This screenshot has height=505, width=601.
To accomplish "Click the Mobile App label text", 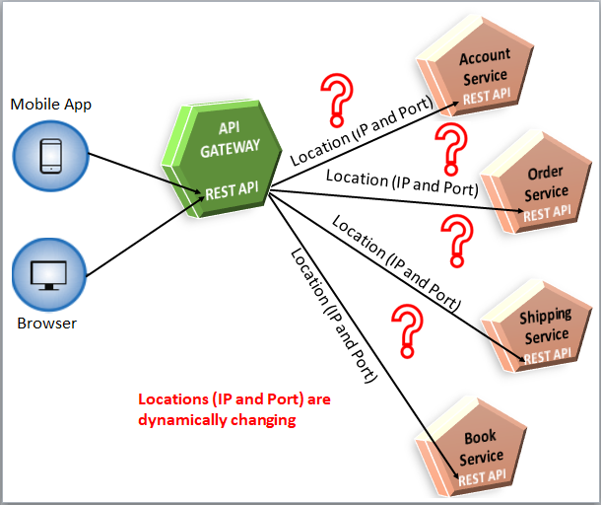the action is (x=50, y=105).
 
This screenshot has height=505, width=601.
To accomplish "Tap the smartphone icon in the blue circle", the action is (x=51, y=156).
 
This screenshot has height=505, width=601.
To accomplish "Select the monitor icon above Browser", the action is (x=48, y=275).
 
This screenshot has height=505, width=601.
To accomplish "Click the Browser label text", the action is (x=46, y=324).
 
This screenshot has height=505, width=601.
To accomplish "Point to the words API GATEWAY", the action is (x=230, y=139).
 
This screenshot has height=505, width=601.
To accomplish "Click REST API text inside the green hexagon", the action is (x=232, y=190).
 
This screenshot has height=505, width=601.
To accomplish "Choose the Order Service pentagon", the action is (x=536, y=181).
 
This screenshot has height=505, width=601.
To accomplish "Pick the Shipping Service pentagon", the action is (x=536, y=325).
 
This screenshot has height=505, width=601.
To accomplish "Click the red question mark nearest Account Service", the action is (x=337, y=100).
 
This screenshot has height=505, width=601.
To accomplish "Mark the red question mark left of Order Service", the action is (x=451, y=150).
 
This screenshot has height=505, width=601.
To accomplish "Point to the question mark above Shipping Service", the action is (x=457, y=241).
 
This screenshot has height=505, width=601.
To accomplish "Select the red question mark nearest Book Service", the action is (x=408, y=331).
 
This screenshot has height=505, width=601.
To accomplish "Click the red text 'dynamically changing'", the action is (x=217, y=420).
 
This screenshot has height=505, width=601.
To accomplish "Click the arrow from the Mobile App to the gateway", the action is (x=147, y=173).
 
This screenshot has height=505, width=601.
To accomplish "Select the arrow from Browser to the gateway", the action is (x=145, y=237).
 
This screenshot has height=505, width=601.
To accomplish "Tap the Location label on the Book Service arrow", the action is (x=334, y=316).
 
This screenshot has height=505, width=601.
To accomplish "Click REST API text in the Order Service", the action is (x=547, y=213).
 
